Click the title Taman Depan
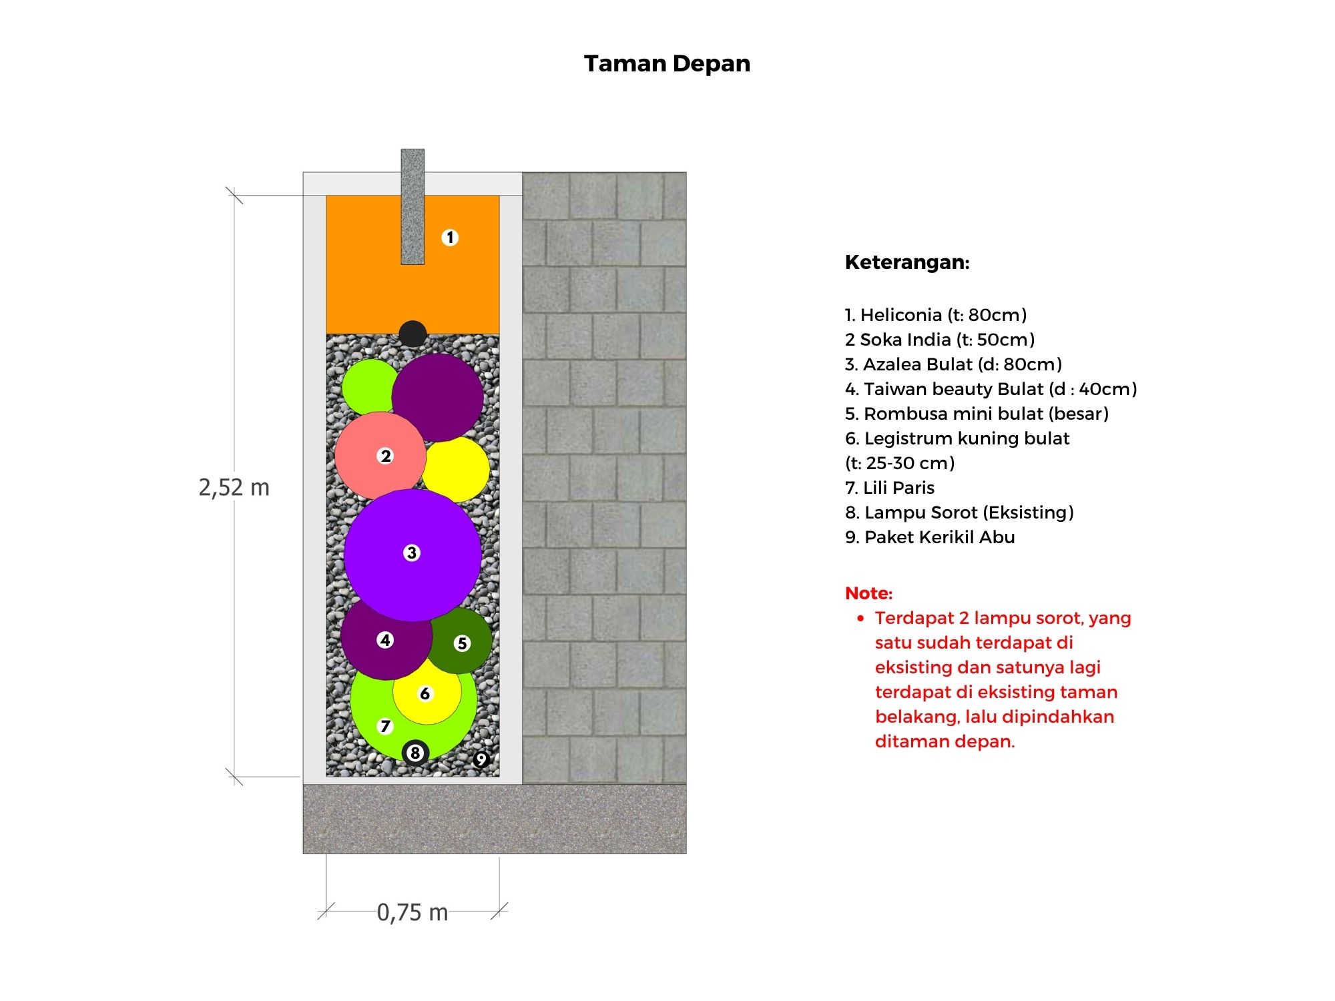tap(667, 64)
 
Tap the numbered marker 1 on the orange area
tap(450, 238)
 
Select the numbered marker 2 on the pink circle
tap(385, 456)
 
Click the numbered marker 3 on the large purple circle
tap(412, 553)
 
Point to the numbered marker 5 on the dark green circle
tap(462, 643)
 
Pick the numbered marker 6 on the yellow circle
tap(425, 694)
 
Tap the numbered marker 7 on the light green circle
tap(385, 726)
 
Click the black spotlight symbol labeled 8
tap(415, 753)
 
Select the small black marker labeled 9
tap(481, 759)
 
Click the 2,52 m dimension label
tap(234, 488)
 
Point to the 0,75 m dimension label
tap(413, 912)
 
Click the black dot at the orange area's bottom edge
tap(413, 334)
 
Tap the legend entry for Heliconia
tap(936, 315)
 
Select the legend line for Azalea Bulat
tap(953, 364)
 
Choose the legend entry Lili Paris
tap(890, 488)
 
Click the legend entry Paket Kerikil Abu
tap(930, 537)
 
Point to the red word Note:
tap(868, 593)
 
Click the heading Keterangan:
tap(907, 262)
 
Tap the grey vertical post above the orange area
tap(413, 206)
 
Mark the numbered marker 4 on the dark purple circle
tap(385, 640)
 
